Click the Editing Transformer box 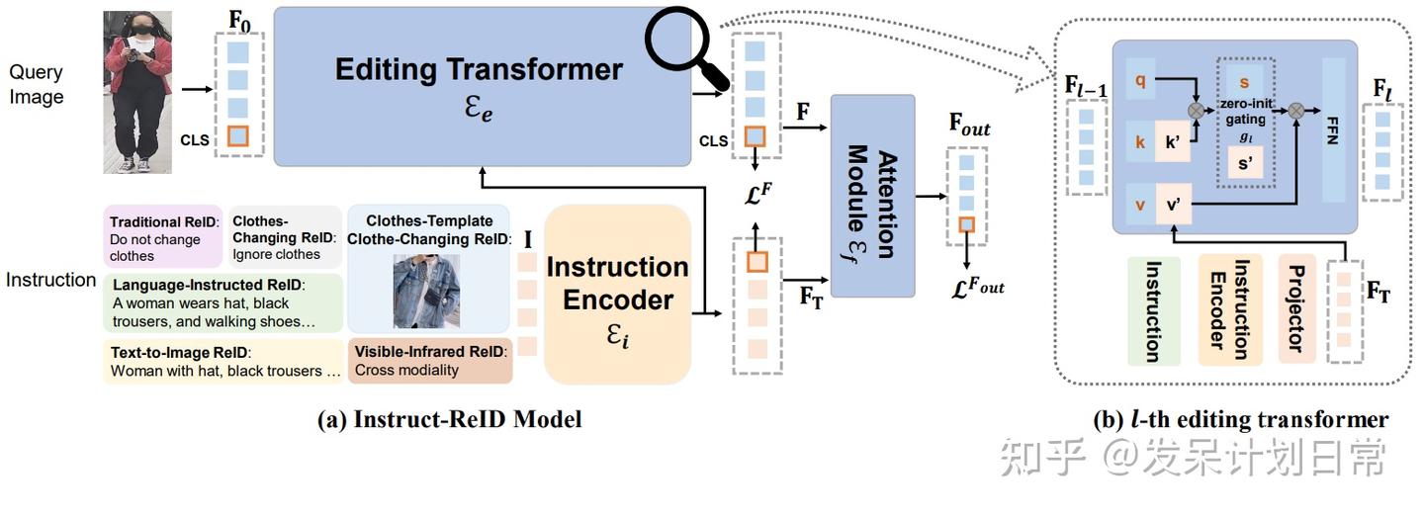tap(480, 87)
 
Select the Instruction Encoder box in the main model tap(617, 294)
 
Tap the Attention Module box tap(873, 196)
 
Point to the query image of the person tap(138, 91)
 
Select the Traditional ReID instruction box tap(163, 239)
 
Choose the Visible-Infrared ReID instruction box tap(429, 361)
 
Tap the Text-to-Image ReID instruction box tap(223, 362)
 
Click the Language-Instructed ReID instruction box tap(222, 302)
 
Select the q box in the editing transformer tap(1139, 82)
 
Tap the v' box tap(1178, 206)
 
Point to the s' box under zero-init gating tap(1245, 160)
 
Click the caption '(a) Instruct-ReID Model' tap(449, 419)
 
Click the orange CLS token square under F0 tap(237, 136)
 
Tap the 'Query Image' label tap(37, 84)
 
